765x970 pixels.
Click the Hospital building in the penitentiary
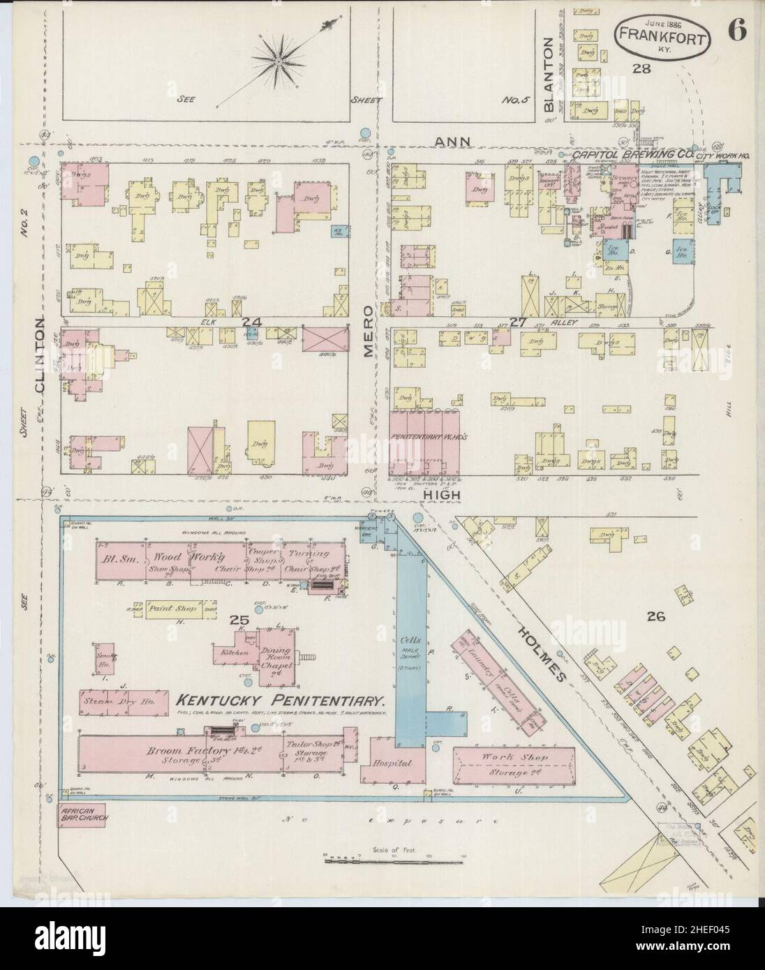392,763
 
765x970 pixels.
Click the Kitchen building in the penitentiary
235,651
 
